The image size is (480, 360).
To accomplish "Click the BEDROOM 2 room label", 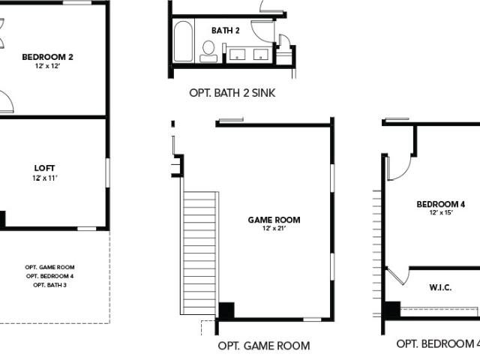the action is [x=47, y=57].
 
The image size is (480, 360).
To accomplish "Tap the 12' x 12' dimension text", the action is [x=47, y=66].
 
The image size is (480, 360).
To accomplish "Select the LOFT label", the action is [x=45, y=168].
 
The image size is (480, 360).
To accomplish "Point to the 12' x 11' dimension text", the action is [x=45, y=178].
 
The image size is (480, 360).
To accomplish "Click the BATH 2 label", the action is [x=226, y=31].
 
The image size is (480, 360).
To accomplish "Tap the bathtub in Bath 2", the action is [x=183, y=41].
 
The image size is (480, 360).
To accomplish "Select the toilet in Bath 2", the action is [x=208, y=52].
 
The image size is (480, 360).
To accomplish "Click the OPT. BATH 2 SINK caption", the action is [x=232, y=93].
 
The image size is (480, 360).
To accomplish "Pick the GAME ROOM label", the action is [x=274, y=220].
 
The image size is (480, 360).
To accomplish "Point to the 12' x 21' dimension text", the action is [x=274, y=228].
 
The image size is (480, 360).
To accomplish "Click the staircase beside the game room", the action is [x=199, y=253].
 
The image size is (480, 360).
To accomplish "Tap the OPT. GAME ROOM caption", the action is [x=264, y=346].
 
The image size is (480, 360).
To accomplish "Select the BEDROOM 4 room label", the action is [x=441, y=204].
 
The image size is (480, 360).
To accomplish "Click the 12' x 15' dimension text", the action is [x=441, y=212].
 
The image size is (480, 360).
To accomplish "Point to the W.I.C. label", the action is [x=440, y=287].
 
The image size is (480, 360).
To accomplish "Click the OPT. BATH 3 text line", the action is [x=49, y=285].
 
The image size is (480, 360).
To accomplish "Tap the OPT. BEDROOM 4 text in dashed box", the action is [x=49, y=276].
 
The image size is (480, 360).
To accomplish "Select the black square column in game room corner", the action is [x=226, y=310].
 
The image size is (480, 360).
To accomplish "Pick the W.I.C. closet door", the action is [x=397, y=275].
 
